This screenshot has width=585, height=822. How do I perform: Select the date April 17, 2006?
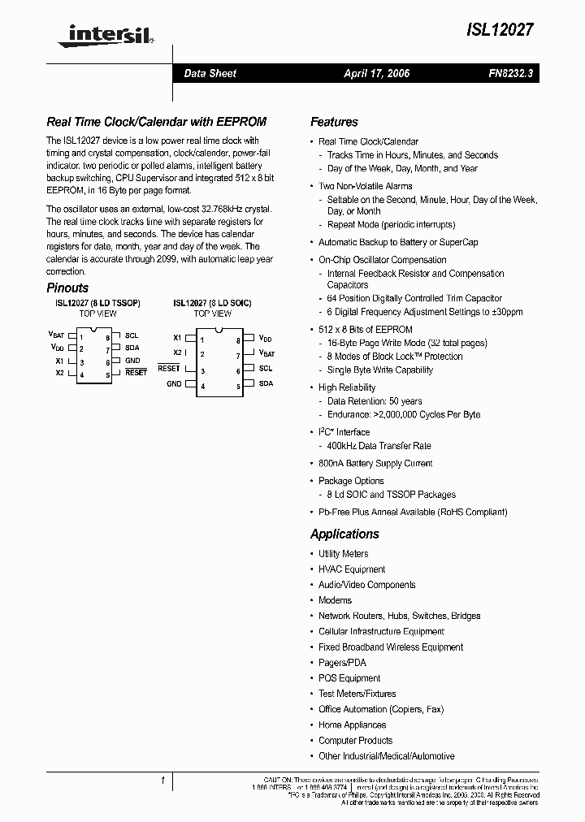(376, 73)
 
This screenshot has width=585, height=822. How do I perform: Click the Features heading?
(334, 122)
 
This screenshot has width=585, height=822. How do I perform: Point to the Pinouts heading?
(67, 288)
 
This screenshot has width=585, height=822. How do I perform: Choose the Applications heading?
(344, 534)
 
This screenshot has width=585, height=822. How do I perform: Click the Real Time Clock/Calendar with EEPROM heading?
(156, 122)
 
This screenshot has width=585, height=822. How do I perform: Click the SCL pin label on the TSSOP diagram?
(132, 335)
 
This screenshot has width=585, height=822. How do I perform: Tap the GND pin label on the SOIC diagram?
(174, 384)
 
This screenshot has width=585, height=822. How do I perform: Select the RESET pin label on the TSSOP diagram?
(136, 372)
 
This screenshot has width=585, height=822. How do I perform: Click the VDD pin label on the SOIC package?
(266, 337)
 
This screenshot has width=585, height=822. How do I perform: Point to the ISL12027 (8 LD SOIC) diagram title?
(212, 303)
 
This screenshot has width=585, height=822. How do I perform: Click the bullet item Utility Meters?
(343, 554)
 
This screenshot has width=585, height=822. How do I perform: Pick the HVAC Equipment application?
(352, 569)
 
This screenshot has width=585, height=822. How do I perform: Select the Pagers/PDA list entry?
(342, 663)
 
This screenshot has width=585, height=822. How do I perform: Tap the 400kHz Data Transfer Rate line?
(379, 446)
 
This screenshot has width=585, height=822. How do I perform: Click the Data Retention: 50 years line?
(375, 401)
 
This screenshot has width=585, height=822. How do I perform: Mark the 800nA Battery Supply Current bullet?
(375, 463)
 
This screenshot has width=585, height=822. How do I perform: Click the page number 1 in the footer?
(163, 781)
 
